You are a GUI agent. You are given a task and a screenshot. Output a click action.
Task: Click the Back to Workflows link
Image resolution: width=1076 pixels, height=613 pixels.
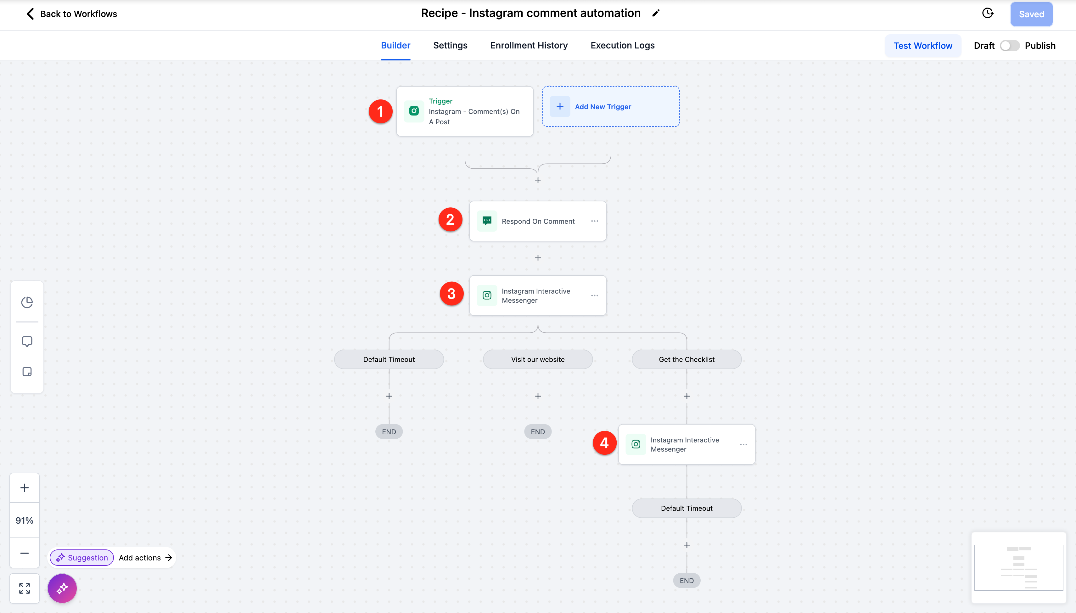[71, 14]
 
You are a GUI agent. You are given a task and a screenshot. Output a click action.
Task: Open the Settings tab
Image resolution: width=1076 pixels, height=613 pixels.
[450, 45]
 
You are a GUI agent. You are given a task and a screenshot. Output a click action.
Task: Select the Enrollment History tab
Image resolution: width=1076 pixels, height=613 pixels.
[529, 45]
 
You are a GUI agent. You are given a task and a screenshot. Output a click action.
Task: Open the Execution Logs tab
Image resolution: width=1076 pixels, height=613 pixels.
[622, 45]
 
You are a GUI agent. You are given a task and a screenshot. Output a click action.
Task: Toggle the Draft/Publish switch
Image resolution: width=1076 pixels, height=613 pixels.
[1010, 45]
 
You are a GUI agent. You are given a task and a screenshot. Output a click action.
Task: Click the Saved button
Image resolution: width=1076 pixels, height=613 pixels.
[1031, 14]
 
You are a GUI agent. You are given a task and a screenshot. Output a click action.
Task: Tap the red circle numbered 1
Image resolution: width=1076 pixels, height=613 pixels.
[380, 112]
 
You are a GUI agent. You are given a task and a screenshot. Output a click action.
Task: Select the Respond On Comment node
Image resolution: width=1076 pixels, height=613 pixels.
[538, 221]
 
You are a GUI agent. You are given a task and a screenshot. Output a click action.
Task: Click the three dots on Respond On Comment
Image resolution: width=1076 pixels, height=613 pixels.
[594, 221]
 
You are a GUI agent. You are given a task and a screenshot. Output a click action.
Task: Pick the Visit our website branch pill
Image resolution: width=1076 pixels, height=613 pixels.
[538, 359]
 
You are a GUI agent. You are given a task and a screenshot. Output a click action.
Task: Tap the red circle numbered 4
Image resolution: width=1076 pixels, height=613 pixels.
[604, 443]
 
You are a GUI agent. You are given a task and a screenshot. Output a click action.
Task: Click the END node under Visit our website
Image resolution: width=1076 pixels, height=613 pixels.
[538, 431]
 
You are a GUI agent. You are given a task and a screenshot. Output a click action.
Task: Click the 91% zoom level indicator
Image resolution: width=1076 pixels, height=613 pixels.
[25, 520]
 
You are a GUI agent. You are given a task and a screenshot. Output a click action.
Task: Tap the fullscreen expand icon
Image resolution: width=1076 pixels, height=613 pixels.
[25, 588]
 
